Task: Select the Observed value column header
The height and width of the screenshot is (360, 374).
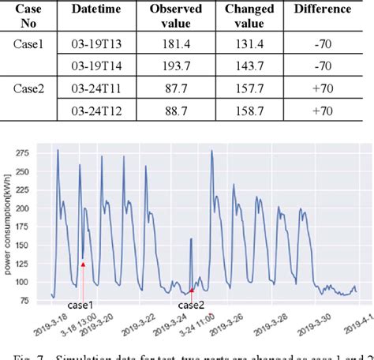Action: [x=175, y=16]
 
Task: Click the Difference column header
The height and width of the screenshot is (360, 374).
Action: [x=324, y=9]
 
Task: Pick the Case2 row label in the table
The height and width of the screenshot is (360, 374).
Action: [x=29, y=90]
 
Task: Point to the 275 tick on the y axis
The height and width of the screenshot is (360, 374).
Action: [x=36, y=151]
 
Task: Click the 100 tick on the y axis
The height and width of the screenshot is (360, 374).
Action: [x=36, y=281]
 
